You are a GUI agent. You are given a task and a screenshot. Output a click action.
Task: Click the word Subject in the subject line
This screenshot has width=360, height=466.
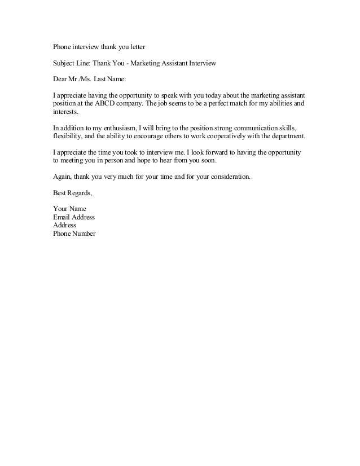64,63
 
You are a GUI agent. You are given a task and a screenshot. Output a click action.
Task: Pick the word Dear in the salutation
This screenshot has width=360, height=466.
60,79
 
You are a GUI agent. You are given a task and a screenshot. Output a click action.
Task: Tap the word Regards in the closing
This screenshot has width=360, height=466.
79,193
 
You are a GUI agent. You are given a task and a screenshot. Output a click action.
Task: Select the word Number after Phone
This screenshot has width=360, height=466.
84,234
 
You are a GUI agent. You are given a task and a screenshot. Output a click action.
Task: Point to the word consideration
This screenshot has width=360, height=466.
228,177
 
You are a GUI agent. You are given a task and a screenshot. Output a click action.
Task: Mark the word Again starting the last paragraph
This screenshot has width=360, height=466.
63,177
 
